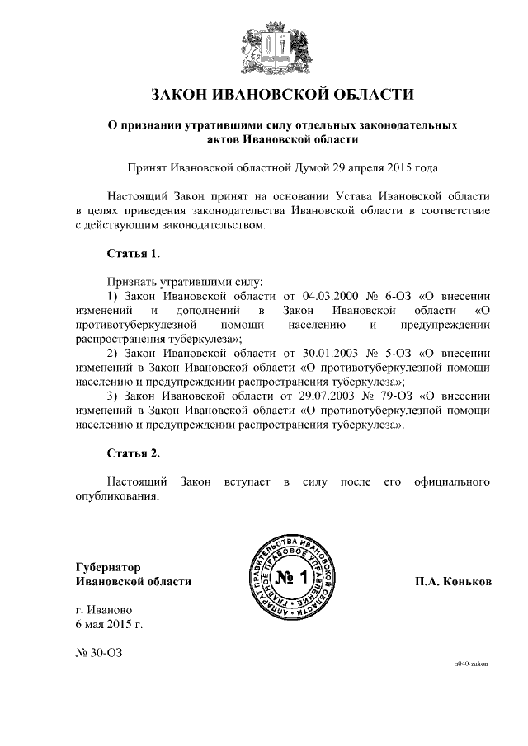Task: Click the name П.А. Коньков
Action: click(x=453, y=582)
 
